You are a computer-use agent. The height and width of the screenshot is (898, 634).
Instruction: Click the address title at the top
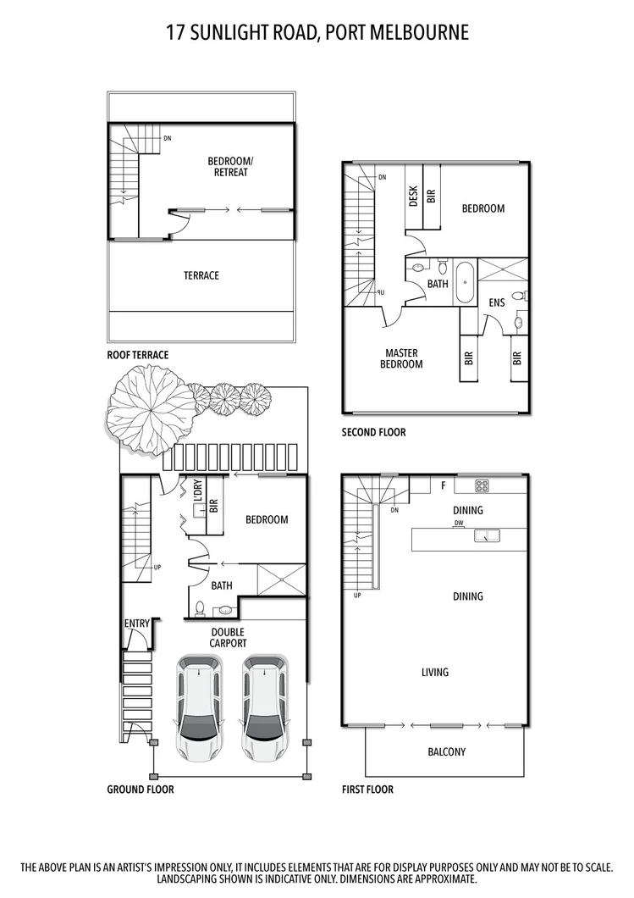pyautogui.click(x=317, y=32)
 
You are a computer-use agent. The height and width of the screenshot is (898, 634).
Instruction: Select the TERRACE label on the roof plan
pyautogui.click(x=201, y=275)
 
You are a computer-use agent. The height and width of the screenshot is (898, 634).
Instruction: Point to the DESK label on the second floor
pyautogui.click(x=414, y=197)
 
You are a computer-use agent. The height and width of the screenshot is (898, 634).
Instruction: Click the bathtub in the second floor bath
pyautogui.click(x=465, y=282)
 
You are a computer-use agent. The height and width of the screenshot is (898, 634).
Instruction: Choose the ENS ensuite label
pyautogui.click(x=498, y=303)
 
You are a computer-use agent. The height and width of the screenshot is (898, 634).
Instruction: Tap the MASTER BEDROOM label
pyautogui.click(x=402, y=358)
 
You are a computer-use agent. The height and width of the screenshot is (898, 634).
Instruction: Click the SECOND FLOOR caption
pyautogui.click(x=373, y=432)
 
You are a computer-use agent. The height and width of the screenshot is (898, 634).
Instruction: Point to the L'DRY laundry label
pyautogui.click(x=197, y=495)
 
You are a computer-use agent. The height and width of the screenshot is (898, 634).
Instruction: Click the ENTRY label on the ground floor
pyautogui.click(x=137, y=624)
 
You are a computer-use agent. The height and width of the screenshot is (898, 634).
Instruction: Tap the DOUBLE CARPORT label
pyautogui.click(x=228, y=637)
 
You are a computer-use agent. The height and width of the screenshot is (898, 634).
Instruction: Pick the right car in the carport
pyautogui.click(x=263, y=707)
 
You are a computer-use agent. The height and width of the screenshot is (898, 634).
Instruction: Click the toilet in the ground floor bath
pyautogui.click(x=200, y=608)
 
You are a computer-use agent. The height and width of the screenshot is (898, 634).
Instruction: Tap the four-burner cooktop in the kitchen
pyautogui.click(x=482, y=485)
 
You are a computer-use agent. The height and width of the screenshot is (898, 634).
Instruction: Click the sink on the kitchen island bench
pyautogui.click(x=487, y=535)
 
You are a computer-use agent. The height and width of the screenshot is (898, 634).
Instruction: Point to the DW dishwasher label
pyautogui.click(x=458, y=524)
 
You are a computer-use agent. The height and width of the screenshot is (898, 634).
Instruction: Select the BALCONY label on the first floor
pyautogui.click(x=446, y=751)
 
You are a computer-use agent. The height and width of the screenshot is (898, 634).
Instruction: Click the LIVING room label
pyautogui.click(x=435, y=673)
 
